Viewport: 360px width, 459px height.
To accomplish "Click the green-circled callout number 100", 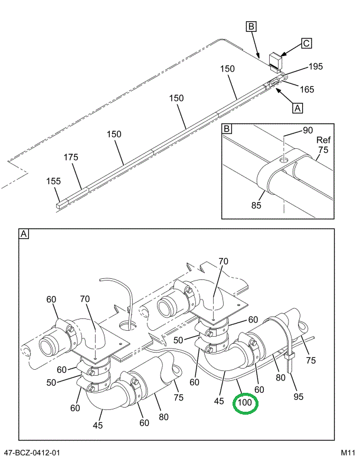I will pos(245,403).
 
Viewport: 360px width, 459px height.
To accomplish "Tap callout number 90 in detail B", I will pos(307,131).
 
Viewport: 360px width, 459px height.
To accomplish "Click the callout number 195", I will pos(315,67).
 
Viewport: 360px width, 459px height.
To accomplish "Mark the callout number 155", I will pos(54,181).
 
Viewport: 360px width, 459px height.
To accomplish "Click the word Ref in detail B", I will pos(323,140).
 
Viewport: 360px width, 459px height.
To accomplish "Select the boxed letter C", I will pos(306,43).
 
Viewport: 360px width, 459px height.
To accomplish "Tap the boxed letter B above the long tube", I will pos(251,26).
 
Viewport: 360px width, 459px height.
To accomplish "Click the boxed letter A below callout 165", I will pos(297,108).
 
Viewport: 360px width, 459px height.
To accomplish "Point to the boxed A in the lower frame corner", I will pos(24,235).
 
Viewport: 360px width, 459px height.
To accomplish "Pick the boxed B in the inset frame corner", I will pos(227,128).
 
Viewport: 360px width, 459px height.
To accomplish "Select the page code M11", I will pos(348,453).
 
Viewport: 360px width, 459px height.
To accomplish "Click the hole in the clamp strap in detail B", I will pos(284,159).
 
